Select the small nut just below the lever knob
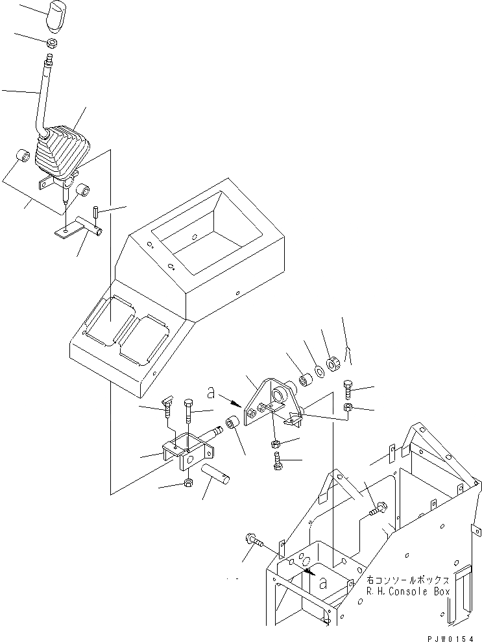(51, 43)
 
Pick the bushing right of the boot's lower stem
(82, 190)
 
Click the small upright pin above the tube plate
(95, 212)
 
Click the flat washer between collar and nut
(319, 372)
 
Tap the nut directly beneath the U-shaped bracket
(187, 482)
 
